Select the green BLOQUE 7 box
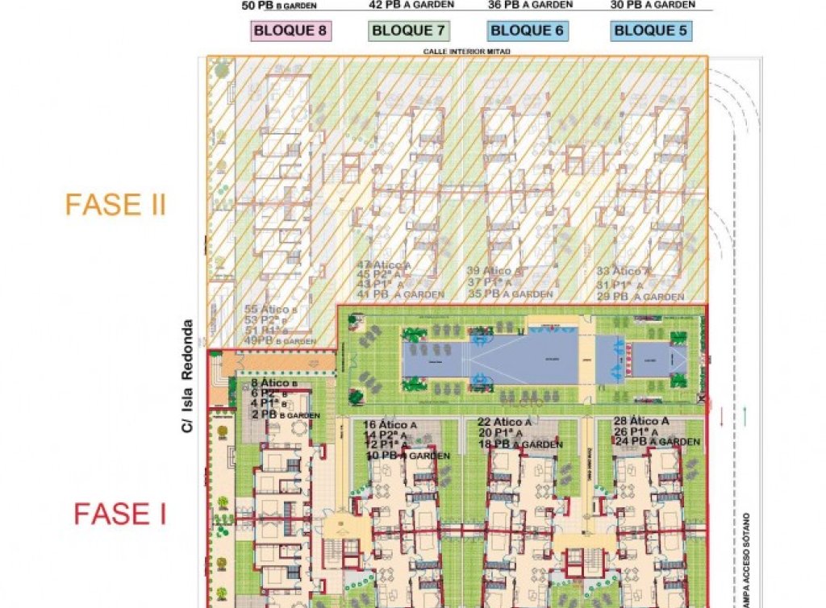tap(408, 31)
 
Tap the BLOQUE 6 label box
tap(528, 31)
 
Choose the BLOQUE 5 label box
tap(651, 31)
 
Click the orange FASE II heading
tap(115, 205)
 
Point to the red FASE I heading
tap(120, 513)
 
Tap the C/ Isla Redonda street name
tap(187, 377)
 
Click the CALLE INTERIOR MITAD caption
tap(466, 52)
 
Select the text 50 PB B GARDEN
tap(279, 6)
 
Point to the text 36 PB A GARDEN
tap(531, 5)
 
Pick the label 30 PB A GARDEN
tap(654, 5)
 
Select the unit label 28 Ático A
tap(642, 421)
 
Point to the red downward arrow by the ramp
tap(722, 417)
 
